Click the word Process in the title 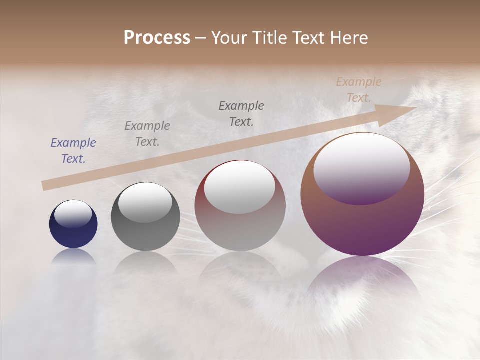157,38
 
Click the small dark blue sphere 73,224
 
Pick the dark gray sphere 145,217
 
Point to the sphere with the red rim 240,206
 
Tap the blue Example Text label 73,151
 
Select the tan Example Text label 359,90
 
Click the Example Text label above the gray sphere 147,134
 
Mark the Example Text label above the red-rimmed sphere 241,114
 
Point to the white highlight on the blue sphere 73,214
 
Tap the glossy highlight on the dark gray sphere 145,202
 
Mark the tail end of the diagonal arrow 45,186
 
